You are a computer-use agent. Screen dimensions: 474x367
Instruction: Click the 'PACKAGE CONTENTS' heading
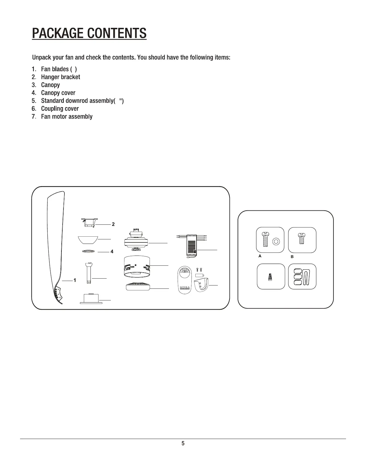coord(89,33)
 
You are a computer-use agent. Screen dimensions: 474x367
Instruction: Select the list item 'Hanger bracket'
coord(60,77)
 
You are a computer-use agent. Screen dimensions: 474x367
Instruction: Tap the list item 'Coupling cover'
coord(60,109)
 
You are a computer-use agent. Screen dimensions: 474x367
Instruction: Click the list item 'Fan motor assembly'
coord(67,116)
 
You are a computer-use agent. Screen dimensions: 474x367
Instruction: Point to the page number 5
coord(183,443)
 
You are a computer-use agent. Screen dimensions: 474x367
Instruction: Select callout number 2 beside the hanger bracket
coord(113,224)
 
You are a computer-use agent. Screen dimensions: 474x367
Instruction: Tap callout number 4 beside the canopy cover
coord(112,251)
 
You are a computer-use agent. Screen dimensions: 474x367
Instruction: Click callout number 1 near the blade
coord(75,280)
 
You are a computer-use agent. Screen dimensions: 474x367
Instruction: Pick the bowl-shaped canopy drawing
coord(87,240)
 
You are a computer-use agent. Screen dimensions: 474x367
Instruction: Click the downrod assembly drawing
coord(89,272)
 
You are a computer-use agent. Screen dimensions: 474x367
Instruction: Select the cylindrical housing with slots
coord(136,265)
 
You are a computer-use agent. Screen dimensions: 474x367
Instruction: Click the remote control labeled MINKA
coord(185,279)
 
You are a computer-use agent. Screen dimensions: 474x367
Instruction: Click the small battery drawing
coord(200,275)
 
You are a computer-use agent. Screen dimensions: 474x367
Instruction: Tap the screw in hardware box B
coord(300,239)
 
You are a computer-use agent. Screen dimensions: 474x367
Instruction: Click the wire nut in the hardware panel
coord(270,277)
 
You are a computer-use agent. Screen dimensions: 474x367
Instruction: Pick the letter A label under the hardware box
coord(260,256)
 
